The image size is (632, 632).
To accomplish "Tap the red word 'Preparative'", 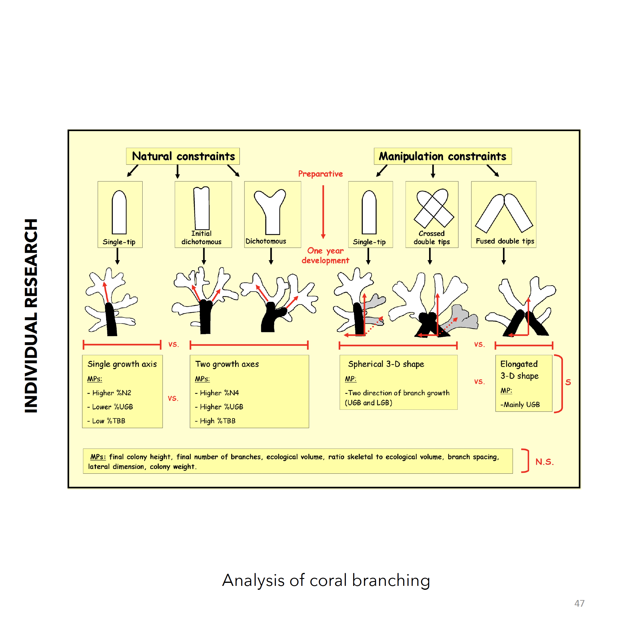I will [x=320, y=174].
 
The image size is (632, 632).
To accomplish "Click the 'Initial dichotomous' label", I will [x=201, y=238].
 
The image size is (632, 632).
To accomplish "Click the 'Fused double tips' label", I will [x=505, y=241].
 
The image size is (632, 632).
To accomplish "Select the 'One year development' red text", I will [x=325, y=255].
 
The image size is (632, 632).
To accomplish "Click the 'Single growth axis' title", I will [x=122, y=364].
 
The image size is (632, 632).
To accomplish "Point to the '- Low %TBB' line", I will [x=106, y=421].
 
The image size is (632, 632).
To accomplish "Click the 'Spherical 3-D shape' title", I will [x=386, y=364].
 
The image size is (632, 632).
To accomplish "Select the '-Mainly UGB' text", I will [x=520, y=405].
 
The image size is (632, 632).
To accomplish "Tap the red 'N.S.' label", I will [x=545, y=462].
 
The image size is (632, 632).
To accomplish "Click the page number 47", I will [x=579, y=603].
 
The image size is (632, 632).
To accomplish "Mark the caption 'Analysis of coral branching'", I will [x=326, y=580].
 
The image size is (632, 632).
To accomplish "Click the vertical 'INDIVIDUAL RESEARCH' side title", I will [x=31, y=316].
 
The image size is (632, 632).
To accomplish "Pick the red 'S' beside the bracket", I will [x=568, y=382].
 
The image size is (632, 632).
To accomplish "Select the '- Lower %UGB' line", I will [x=110, y=407].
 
